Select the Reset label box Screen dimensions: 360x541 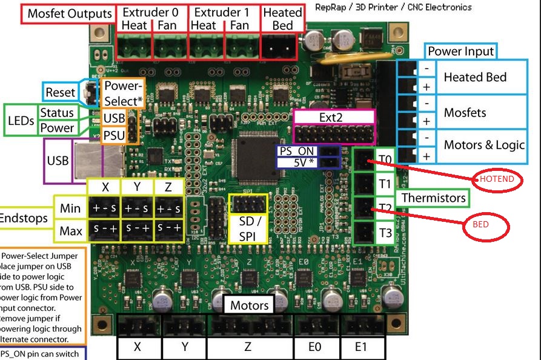[x=61, y=92]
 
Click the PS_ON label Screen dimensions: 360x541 [x=298, y=151]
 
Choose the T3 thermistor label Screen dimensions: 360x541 [x=385, y=233]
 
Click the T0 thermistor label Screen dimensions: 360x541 [x=385, y=160]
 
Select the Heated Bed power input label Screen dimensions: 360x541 [x=475, y=77]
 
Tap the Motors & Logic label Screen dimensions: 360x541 [x=484, y=145]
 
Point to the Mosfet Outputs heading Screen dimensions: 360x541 [x=70, y=14]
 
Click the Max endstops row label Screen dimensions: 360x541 [x=71, y=231]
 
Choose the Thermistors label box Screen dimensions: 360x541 [x=433, y=198]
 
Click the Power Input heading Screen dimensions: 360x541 [x=461, y=52]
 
